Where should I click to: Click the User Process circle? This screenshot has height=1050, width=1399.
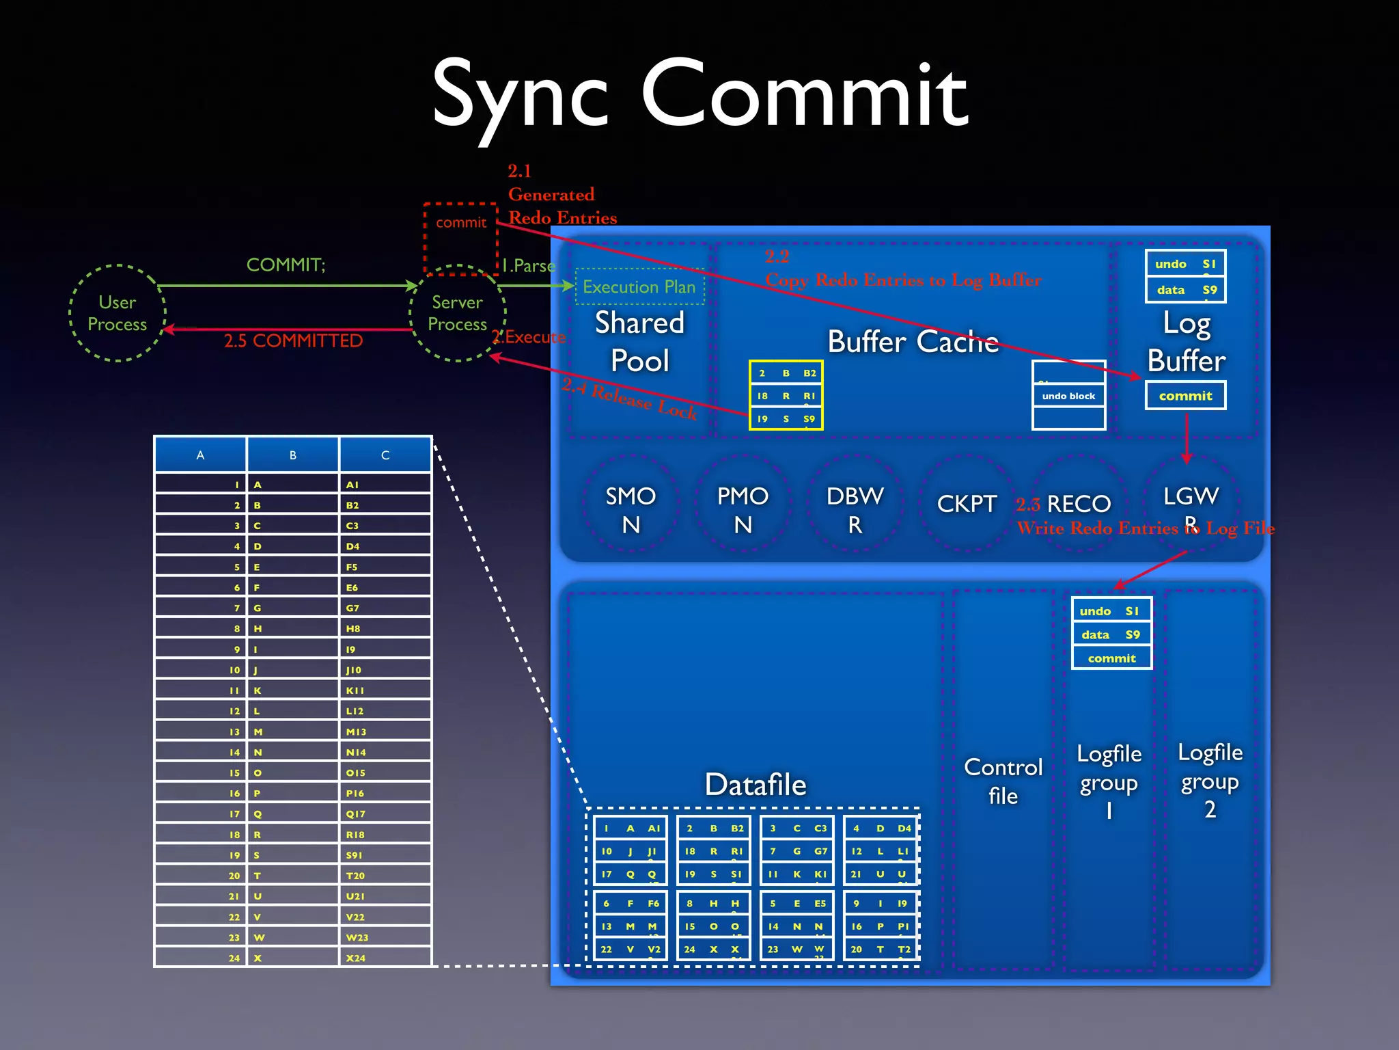[117, 313]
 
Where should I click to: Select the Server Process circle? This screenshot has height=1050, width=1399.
[458, 313]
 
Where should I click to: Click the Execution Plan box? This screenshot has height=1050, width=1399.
[639, 286]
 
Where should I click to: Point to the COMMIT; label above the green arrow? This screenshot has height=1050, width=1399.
[286, 265]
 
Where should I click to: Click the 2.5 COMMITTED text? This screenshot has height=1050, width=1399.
[293, 340]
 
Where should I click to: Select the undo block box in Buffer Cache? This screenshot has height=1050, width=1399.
[1068, 396]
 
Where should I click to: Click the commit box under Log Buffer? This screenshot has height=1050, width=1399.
[1185, 396]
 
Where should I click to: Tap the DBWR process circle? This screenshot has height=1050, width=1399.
[855, 509]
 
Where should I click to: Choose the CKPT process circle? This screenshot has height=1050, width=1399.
[967, 504]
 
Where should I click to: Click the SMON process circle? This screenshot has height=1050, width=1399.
[631, 509]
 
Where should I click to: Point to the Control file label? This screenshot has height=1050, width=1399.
[1003, 781]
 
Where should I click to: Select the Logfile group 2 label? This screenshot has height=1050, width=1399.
[1210, 780]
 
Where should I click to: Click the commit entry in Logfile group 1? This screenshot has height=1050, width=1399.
[1111, 658]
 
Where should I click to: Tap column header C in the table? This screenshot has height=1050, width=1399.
[385, 455]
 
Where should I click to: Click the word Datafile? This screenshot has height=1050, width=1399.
[756, 784]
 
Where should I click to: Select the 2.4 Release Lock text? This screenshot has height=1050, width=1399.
[629, 399]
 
